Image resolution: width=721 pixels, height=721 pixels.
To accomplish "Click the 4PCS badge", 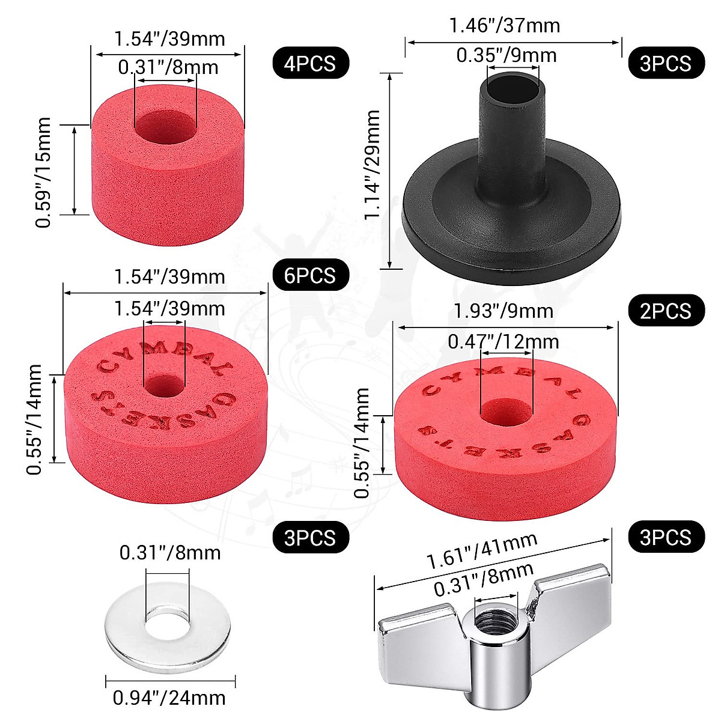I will (x=311, y=62).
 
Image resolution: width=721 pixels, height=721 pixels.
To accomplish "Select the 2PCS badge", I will (x=666, y=311).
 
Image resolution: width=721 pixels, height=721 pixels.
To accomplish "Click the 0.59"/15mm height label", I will (x=43, y=172).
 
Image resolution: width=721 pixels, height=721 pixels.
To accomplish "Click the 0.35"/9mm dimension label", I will (x=506, y=55).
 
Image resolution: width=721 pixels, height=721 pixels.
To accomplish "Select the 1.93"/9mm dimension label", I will (x=503, y=311).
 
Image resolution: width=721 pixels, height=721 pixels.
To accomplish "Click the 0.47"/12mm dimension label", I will (x=503, y=341).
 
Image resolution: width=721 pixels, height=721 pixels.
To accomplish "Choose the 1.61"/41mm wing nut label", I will (x=481, y=551).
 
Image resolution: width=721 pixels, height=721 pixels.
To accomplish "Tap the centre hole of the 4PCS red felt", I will (x=165, y=124).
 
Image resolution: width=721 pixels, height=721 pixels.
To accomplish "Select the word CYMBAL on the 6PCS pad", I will (x=162, y=356).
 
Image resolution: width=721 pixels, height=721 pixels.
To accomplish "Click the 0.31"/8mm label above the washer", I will (x=169, y=552).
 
